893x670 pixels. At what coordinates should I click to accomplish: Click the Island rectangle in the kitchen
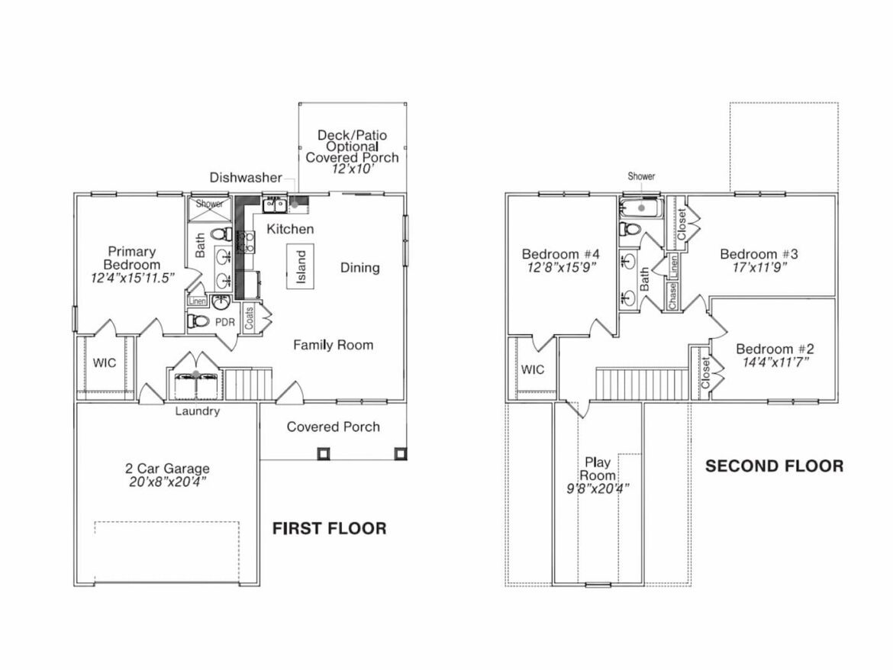tap(300, 266)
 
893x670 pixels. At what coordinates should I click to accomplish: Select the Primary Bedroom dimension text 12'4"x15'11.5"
tap(133, 279)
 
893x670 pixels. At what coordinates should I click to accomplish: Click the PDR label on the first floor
tap(224, 322)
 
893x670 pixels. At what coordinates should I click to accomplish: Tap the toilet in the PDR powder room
tap(198, 321)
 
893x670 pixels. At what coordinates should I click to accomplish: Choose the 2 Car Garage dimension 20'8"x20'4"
tap(167, 482)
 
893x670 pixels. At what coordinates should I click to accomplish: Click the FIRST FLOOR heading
tap(330, 528)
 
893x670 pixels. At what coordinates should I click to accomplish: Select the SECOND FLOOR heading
tap(774, 465)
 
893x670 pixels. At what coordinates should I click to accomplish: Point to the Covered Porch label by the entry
tap(333, 427)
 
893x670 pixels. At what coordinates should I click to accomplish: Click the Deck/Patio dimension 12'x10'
tap(352, 170)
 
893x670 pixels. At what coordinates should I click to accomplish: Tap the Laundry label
tap(198, 411)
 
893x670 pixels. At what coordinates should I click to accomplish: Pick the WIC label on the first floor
tap(105, 362)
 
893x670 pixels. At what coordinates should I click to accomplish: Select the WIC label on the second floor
tap(533, 369)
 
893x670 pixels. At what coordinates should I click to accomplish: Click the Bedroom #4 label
tap(558, 254)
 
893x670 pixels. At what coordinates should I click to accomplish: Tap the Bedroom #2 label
tap(775, 349)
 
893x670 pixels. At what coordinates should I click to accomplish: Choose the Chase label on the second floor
tap(673, 295)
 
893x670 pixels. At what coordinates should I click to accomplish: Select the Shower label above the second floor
tap(641, 176)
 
